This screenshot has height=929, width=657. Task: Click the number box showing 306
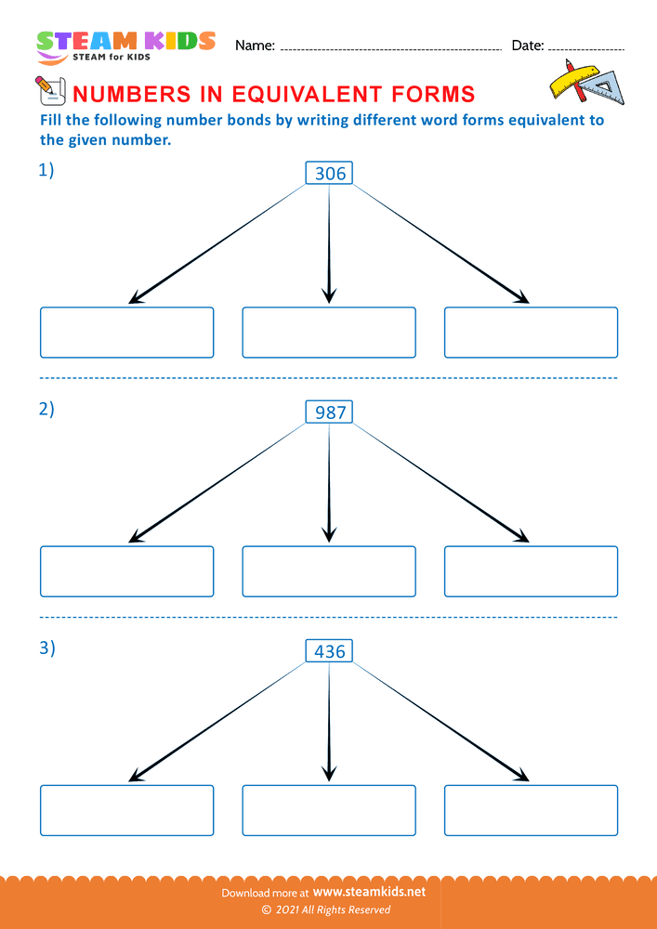tap(329, 173)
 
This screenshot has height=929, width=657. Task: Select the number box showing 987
tap(329, 412)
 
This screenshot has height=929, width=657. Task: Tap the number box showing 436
tap(329, 651)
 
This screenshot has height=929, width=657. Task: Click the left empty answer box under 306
tap(126, 333)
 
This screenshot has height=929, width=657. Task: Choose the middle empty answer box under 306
tap(329, 333)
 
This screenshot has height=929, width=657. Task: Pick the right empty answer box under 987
tap(531, 571)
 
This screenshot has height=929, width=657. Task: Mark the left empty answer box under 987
tap(126, 571)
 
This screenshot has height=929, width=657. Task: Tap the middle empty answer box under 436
tap(329, 810)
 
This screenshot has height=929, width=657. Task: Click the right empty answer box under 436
tap(531, 810)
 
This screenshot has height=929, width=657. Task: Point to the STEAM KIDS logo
tap(125, 45)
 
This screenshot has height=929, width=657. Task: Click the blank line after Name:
tap(390, 46)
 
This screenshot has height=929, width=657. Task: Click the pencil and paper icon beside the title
tap(47, 89)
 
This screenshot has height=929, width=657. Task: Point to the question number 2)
tap(46, 410)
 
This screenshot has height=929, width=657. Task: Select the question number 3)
tap(46, 648)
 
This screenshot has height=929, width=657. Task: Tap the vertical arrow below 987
tap(329, 483)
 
